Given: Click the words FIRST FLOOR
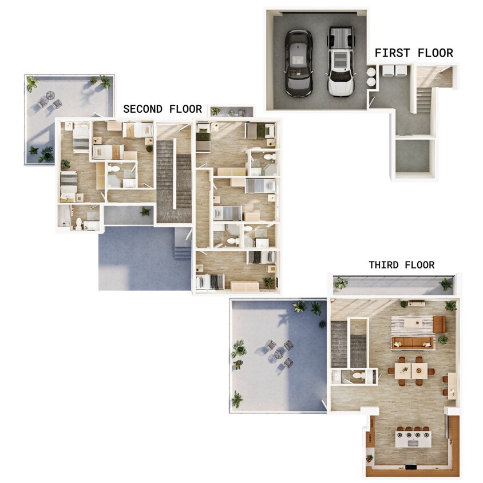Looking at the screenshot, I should coord(413,53).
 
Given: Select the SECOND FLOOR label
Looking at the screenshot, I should coord(163,109).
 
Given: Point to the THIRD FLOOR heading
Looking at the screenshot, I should coord(401,265).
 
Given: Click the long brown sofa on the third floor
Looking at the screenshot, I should coord(412,343).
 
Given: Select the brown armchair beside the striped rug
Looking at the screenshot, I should coord(439,324).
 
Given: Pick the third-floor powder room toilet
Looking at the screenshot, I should coord(358,376).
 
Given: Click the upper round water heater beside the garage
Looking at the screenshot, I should coord(371,72).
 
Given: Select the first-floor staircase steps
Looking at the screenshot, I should coord(423,100).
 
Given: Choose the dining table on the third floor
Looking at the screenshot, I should coord(411,370).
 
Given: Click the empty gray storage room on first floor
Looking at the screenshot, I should coord(412,155).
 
